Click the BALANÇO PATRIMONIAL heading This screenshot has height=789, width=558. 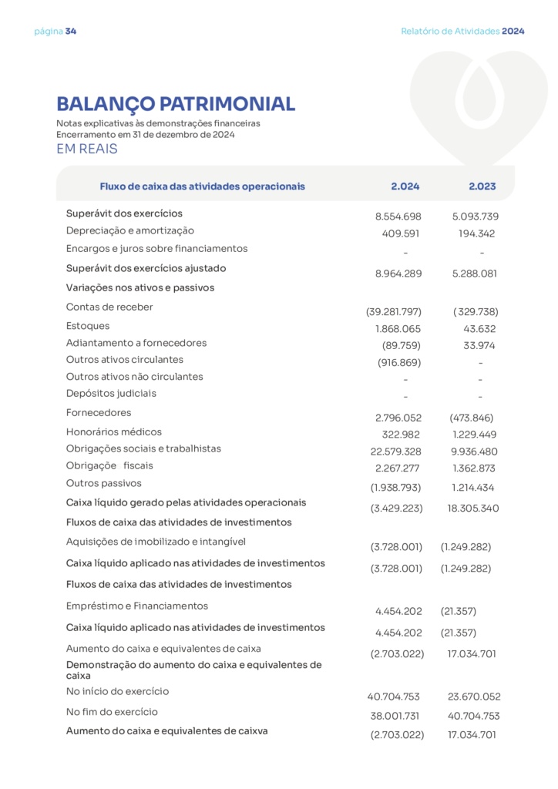coord(176,104)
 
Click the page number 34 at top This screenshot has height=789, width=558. coord(71,32)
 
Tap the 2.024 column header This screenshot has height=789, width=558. coord(405,186)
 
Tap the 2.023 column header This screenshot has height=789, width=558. coord(482,186)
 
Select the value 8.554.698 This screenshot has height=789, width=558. coord(398,217)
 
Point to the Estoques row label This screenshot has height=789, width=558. coord(88,326)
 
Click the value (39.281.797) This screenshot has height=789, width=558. coord(393,312)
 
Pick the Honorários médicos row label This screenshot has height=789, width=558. coord(114,432)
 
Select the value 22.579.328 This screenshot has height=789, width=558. coord(395,452)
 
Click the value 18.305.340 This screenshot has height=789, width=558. coord(472,509)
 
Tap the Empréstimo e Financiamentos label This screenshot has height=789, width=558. coord(137,606)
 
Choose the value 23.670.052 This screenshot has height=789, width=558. coord(474,697)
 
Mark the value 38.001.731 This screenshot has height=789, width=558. coord(395,716)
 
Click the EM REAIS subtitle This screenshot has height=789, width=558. coord(87,149)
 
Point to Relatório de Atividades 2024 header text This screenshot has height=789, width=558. coord(462,32)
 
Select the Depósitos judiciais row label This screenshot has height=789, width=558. coord(111,394)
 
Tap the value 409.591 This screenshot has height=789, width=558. coord(401,233)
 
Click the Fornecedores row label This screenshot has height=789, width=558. coord(99,413)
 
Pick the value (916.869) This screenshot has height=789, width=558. coord(399,363)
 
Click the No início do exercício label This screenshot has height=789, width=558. coord(117,692)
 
